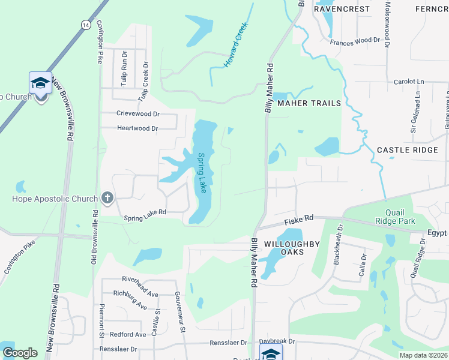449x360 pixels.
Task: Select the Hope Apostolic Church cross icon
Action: (x=107, y=198)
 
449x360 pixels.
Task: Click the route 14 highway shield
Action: (x=86, y=24)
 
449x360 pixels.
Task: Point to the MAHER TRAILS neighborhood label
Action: (x=310, y=103)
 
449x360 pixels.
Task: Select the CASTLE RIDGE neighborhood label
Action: (x=407, y=150)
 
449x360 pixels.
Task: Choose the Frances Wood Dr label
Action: (x=355, y=40)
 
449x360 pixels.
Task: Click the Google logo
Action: (x=20, y=353)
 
